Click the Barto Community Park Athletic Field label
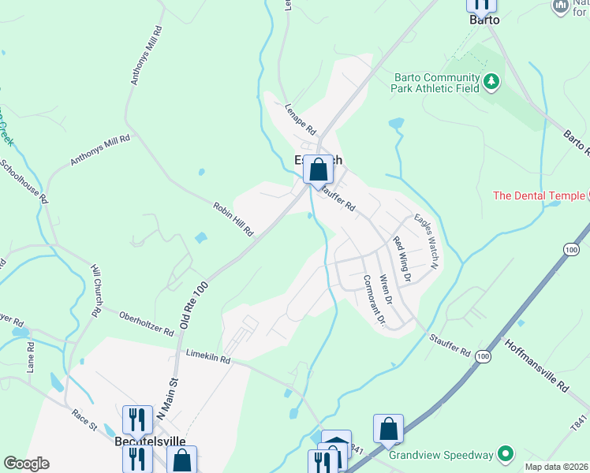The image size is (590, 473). tap(436, 83)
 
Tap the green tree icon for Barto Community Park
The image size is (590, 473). tap(491, 81)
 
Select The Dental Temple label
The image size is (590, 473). tap(539, 196)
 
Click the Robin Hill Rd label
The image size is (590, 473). tap(233, 219)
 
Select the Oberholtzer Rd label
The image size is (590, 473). tap(146, 323)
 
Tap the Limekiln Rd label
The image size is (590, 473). tap(208, 358)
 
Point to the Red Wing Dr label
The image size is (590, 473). tap(402, 259)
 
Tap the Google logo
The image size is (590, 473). tap(26, 464)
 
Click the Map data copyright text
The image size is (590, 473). tap(555, 467)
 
